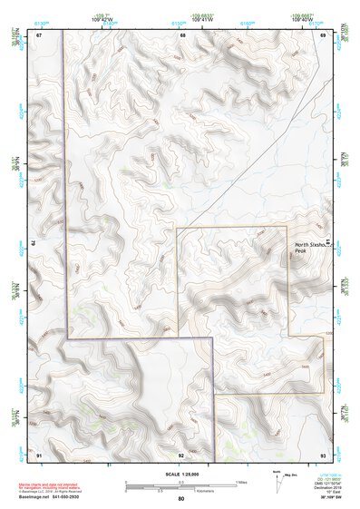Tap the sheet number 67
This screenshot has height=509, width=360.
39,35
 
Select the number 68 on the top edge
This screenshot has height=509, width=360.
183,35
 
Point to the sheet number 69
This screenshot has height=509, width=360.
323,35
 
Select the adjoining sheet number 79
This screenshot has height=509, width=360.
33,244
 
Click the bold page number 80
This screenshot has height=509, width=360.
181,498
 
